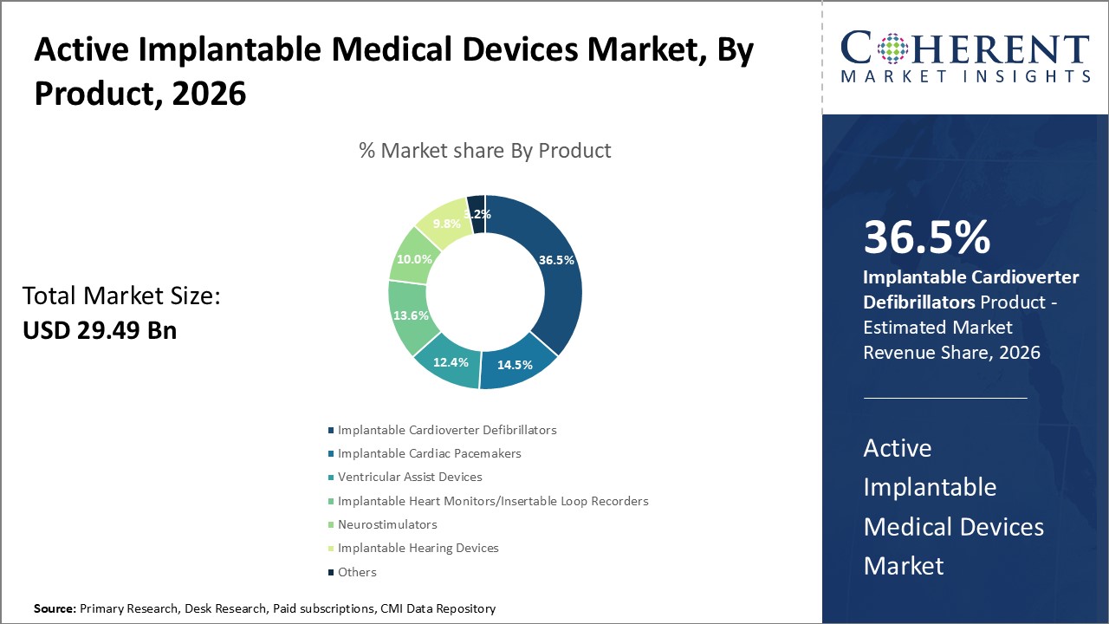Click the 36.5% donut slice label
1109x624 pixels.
556,260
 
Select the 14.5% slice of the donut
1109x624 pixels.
515,365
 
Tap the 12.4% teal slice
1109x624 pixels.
452,362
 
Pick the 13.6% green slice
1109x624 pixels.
411,315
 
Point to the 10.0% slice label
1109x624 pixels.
415,259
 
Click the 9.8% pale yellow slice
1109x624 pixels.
447,224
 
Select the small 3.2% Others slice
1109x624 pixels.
477,213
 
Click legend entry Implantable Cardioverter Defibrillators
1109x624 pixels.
447,430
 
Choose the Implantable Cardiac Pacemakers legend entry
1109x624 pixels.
429,453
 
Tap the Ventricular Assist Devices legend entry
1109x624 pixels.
410,477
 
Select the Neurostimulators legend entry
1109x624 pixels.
387,524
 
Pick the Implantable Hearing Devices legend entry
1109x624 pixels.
418,548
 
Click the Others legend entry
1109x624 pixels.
357,572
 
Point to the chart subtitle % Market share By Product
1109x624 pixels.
485,151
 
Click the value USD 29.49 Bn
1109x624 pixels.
100,330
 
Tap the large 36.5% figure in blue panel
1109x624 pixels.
926,238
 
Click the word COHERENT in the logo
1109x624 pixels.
965,50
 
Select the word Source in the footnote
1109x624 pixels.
55,609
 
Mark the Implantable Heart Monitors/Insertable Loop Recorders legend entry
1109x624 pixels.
492,501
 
